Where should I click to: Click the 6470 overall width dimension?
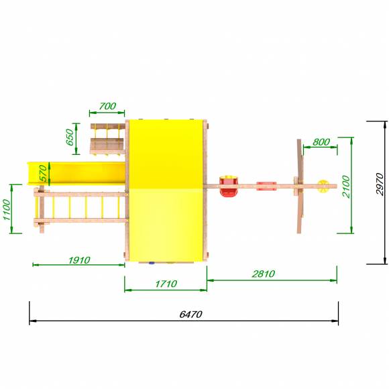[190, 315]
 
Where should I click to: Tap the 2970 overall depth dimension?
[380, 184]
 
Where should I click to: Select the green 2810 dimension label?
[264, 274]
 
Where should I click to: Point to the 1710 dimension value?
[166, 284]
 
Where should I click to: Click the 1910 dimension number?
[79, 260]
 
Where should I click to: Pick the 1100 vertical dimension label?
[7, 210]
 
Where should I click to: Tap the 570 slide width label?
[43, 173]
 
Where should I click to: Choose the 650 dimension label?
[70, 137]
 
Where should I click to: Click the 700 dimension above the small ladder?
[107, 106]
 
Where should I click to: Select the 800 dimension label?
[321, 142]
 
